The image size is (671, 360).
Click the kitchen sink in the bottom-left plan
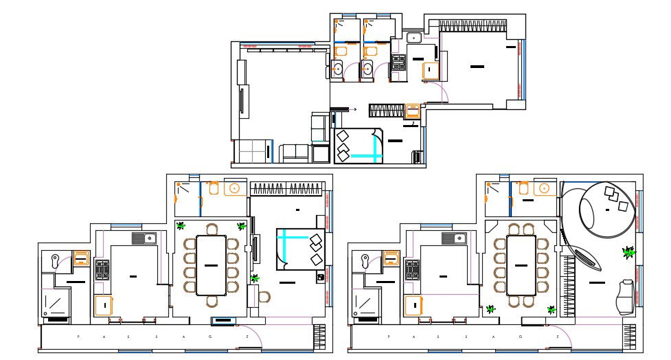tap(146, 238)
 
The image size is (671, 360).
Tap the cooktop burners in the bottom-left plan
tap(102, 269)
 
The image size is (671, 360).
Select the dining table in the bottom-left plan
tap(212, 265)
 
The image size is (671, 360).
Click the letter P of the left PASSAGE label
tap(78, 337)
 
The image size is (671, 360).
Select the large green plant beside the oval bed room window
tap(628, 252)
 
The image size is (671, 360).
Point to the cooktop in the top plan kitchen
tap(399, 64)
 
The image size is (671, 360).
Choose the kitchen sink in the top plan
tap(414, 38)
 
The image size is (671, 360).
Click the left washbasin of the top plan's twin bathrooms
tap(338, 68)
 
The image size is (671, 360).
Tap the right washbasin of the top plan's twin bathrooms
tap(367, 68)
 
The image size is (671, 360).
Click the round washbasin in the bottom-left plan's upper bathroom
tap(234, 188)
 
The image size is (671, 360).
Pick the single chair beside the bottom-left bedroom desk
tap(264, 297)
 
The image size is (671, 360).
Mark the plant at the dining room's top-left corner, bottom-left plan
tap(181, 225)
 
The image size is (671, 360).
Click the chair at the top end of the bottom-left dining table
tap(212, 229)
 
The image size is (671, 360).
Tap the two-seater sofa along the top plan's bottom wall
tap(295, 153)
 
